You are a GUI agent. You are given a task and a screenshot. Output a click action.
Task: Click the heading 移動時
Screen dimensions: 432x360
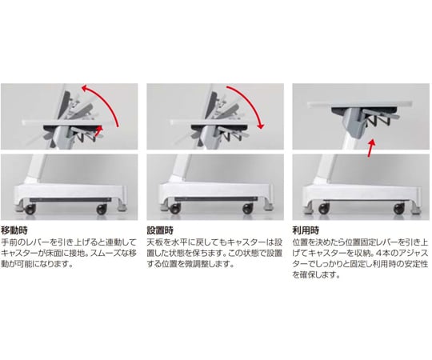click(x=14, y=230)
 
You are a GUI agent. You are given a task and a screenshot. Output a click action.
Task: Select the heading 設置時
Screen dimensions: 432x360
click(x=160, y=230)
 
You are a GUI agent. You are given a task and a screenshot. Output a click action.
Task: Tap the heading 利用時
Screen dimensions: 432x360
click(x=306, y=230)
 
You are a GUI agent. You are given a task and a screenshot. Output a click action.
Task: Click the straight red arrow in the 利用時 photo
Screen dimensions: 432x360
click(x=371, y=148)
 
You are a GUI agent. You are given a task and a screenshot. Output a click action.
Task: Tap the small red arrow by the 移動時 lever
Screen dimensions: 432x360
click(x=99, y=131)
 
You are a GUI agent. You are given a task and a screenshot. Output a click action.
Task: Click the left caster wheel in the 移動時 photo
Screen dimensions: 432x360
click(x=30, y=209)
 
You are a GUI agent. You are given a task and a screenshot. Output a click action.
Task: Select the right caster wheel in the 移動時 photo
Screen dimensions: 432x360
click(x=102, y=209)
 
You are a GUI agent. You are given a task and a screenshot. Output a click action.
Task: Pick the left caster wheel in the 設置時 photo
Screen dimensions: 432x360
click(x=175, y=209)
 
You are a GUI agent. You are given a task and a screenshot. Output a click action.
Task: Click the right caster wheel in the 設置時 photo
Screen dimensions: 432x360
click(x=248, y=209)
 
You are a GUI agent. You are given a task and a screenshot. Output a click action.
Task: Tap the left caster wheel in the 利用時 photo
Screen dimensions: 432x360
click(x=324, y=209)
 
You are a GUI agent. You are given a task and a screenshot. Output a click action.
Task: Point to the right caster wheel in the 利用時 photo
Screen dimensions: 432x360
click(x=398, y=209)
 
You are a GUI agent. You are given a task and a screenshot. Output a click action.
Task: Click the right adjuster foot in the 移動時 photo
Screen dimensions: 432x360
click(x=122, y=207)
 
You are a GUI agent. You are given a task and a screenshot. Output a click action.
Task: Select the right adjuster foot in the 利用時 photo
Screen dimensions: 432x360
click(x=415, y=209)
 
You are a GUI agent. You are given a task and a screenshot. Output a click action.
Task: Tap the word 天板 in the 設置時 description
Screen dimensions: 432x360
click(x=155, y=242)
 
